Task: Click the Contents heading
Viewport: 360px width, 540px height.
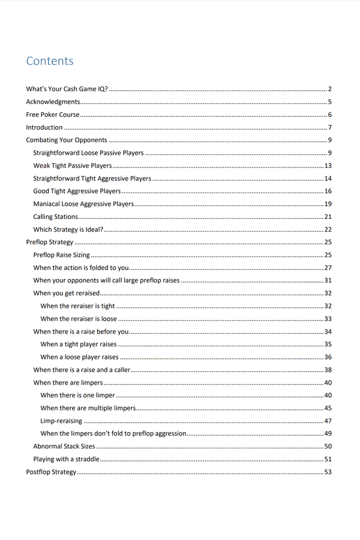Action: click(x=50, y=61)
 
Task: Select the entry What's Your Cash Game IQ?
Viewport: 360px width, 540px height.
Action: click(x=67, y=89)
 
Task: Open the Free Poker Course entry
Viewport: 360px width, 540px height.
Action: click(x=53, y=115)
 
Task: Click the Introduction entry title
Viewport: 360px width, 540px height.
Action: click(x=44, y=127)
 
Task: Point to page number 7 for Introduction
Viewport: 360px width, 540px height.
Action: click(x=330, y=127)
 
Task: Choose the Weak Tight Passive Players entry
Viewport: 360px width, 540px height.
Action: click(x=73, y=166)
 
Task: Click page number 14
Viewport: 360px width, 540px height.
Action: click(x=328, y=179)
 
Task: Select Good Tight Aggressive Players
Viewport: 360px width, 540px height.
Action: click(x=77, y=191)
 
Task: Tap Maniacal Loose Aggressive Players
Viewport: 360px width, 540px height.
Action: click(x=83, y=204)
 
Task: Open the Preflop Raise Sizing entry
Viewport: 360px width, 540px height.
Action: click(x=61, y=255)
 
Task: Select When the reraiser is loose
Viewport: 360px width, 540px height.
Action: click(x=79, y=319)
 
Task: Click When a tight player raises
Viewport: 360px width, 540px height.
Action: click(x=79, y=344)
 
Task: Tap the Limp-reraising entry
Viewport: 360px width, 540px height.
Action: click(x=61, y=421)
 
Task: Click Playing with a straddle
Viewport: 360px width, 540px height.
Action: click(x=66, y=459)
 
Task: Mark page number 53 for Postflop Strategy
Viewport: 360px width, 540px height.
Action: click(x=328, y=472)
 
